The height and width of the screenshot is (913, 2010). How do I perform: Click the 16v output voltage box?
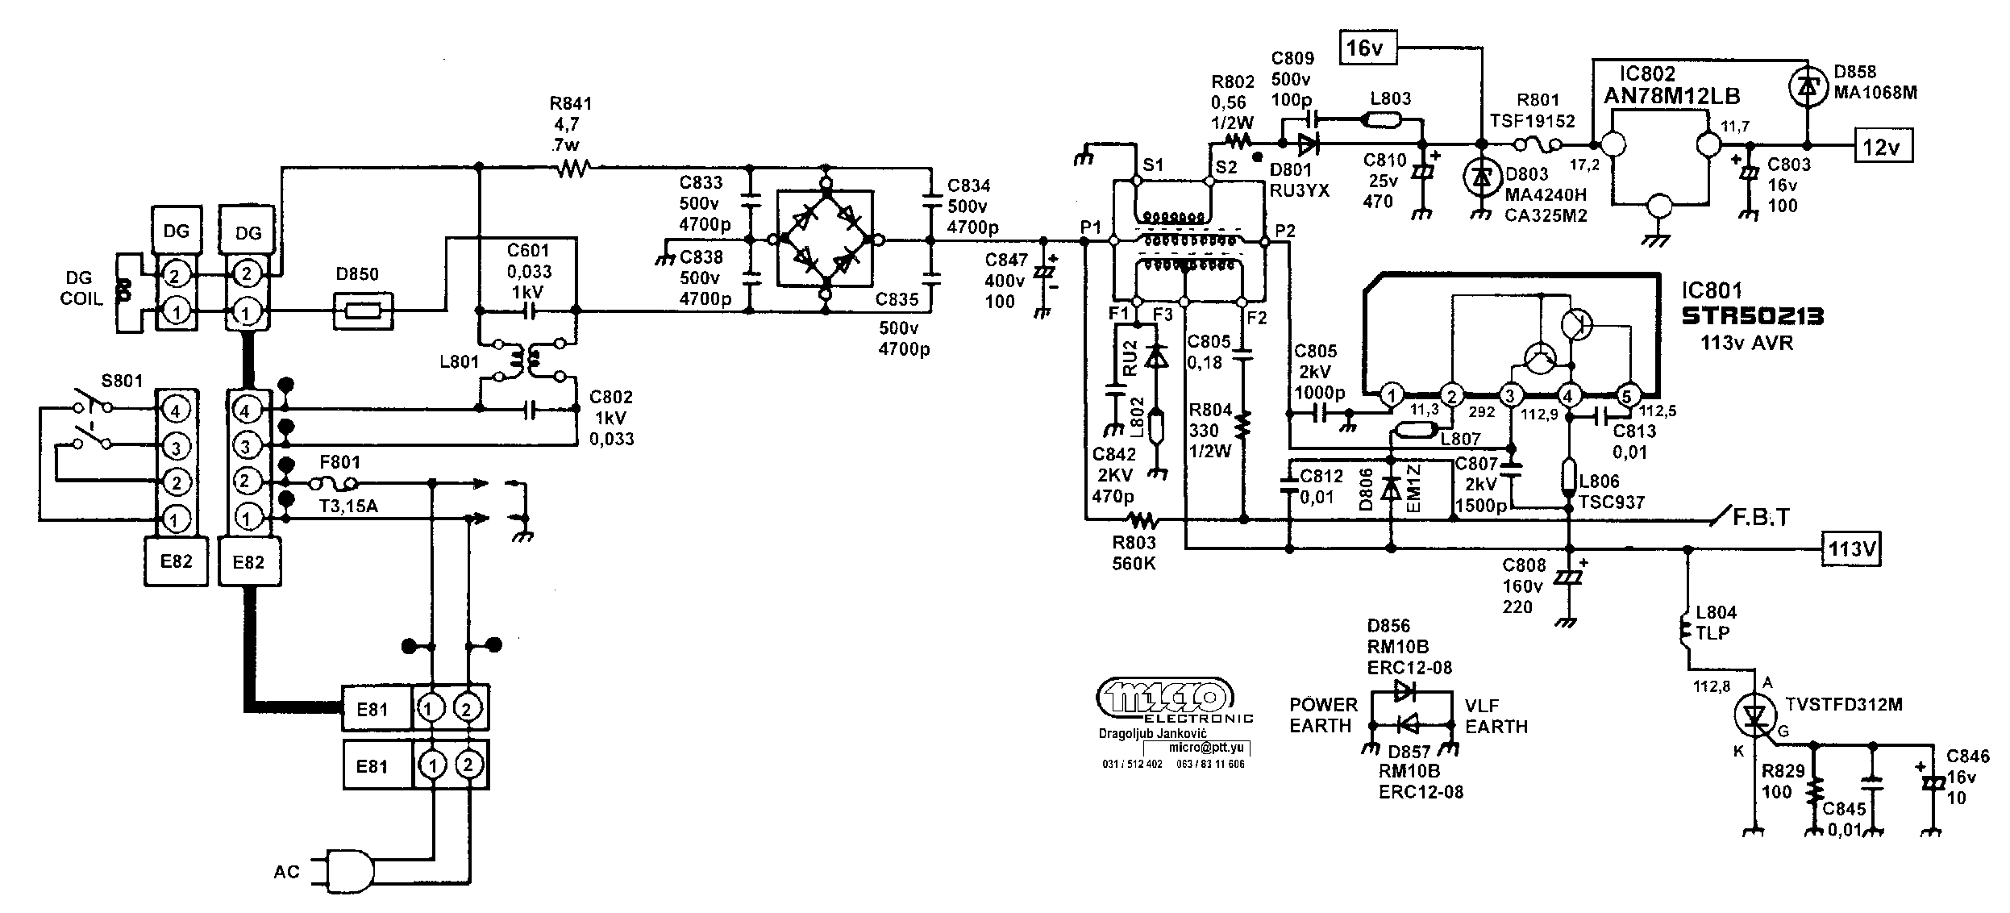click(1364, 48)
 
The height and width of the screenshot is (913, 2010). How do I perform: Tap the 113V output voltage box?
click(1850, 549)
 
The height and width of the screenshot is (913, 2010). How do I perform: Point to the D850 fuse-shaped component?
click(364, 311)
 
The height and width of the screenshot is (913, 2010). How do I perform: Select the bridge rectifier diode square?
click(825, 239)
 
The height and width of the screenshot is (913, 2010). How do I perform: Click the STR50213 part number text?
click(1752, 316)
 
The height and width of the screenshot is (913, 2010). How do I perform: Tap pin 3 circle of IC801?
click(1510, 395)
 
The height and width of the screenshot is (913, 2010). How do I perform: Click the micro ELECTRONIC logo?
click(1165, 698)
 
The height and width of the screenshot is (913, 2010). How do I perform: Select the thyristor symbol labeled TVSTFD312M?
click(1755, 715)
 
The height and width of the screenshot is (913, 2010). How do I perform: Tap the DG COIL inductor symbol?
click(124, 290)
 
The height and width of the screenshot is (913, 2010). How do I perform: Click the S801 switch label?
click(121, 380)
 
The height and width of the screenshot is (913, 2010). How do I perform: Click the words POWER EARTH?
click(1323, 715)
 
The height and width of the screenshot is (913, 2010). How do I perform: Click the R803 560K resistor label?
click(1134, 553)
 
